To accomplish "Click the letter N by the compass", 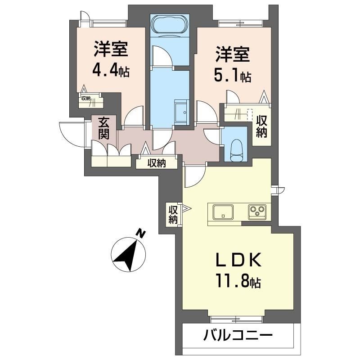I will [x=142, y=233].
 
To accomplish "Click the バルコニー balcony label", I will [x=238, y=336].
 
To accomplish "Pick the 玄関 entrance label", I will [x=104, y=128].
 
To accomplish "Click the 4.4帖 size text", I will [x=111, y=69].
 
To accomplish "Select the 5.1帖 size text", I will [x=232, y=76].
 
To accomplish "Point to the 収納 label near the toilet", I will [x=261, y=126].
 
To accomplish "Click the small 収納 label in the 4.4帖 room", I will [x=85, y=98].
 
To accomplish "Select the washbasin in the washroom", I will [x=182, y=109].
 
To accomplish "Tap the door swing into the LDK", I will [x=193, y=176].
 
